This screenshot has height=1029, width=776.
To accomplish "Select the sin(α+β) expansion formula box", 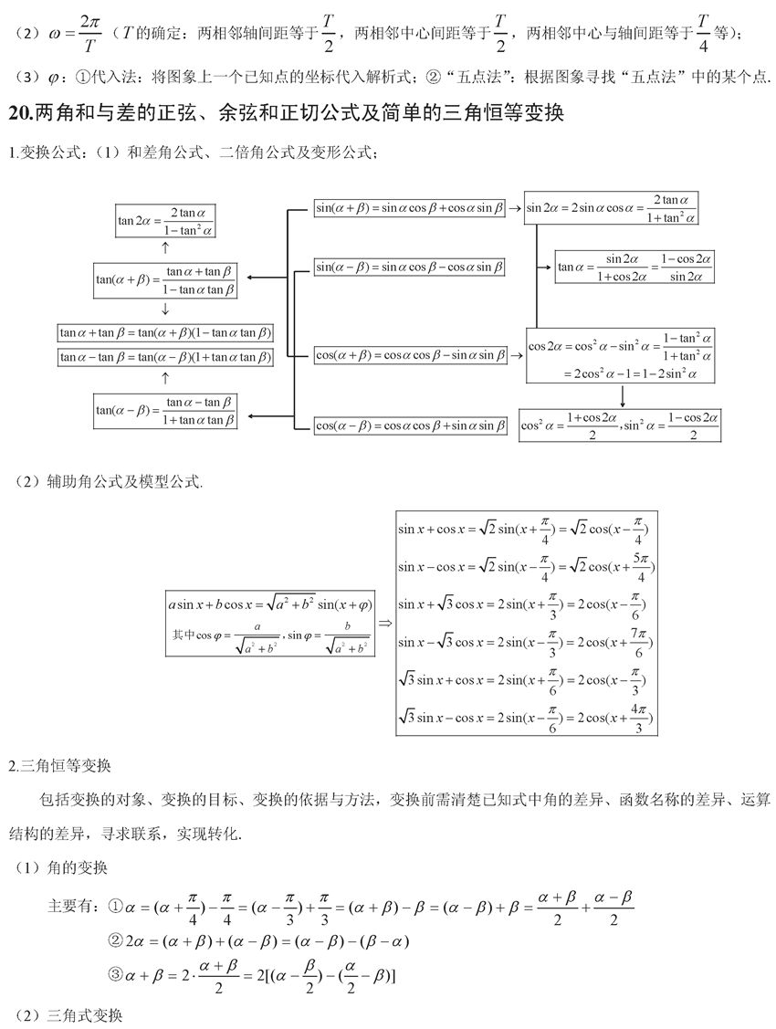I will (x=410, y=208).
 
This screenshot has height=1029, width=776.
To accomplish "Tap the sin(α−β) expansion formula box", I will (x=410, y=268).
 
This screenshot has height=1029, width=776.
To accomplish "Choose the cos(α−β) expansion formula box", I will (x=410, y=425).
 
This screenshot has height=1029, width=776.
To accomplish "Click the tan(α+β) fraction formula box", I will (x=165, y=280).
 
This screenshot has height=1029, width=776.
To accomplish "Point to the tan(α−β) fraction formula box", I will (x=165, y=411).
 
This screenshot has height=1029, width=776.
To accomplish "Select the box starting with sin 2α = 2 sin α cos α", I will (x=611, y=209).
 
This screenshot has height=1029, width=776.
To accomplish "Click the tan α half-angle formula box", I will (x=634, y=267).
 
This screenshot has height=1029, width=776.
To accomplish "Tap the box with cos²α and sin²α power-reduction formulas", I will (x=620, y=425).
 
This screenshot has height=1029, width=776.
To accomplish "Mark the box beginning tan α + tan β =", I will (x=165, y=333).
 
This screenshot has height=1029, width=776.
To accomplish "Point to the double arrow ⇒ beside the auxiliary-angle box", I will (x=384, y=623).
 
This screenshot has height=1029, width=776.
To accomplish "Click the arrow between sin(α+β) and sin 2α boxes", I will (x=515, y=208).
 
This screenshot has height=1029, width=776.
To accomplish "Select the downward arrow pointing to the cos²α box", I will (x=622, y=395).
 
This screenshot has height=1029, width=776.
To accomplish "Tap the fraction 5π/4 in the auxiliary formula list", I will (x=642, y=566).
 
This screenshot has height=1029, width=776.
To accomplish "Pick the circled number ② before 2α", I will (x=116, y=940).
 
